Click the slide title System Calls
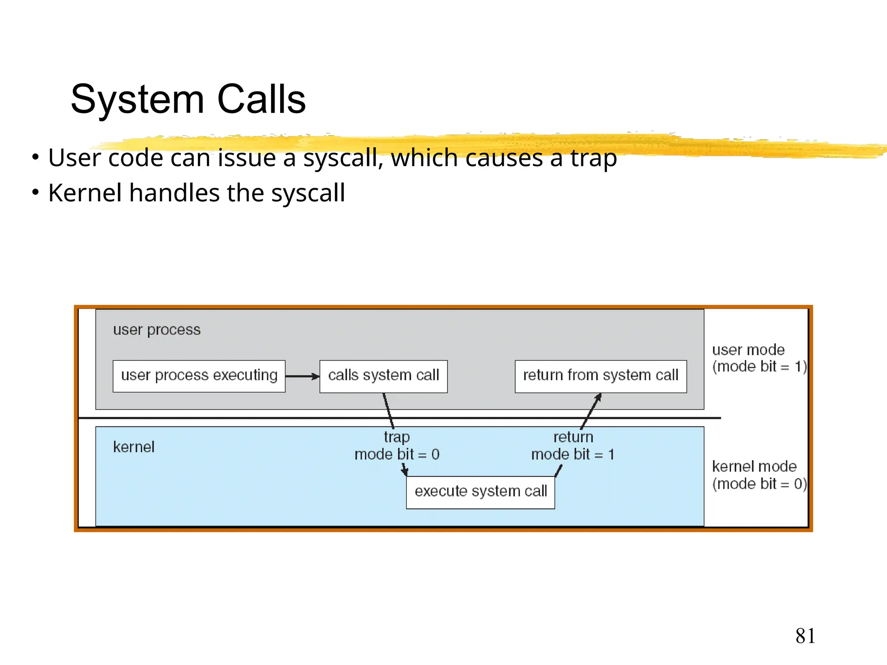188,99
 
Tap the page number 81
805,636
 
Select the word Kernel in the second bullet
85,193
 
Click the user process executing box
199,376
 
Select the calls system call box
383,376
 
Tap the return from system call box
600,376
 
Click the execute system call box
480,492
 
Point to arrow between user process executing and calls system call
302,376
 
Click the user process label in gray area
157,330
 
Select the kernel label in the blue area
133,447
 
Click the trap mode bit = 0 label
397,446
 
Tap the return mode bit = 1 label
573,446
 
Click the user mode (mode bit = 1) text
759,358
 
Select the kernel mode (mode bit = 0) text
759,475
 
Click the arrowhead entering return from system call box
598,397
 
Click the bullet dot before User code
36,157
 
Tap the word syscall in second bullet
308,193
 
